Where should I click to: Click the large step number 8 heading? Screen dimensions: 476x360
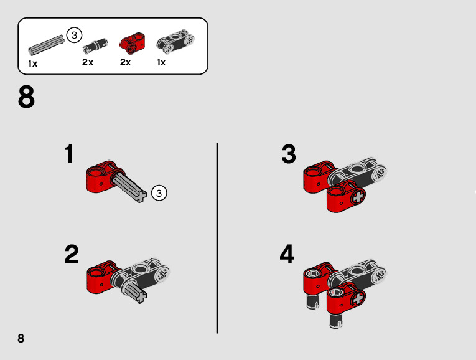[x=26, y=97]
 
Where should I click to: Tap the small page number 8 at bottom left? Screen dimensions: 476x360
[x=21, y=338]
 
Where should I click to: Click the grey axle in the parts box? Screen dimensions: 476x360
[x=47, y=44]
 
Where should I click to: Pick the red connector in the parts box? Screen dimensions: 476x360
[x=133, y=44]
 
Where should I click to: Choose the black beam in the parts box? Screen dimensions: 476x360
[x=175, y=42]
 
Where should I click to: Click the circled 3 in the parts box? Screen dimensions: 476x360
[x=74, y=36]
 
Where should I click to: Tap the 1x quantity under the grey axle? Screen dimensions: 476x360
[x=32, y=64]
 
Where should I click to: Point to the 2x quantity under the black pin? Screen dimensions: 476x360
[x=88, y=62]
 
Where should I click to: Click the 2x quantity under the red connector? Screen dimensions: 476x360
[x=125, y=62]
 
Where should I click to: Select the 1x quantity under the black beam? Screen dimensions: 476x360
[x=161, y=62]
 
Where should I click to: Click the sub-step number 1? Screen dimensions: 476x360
[x=70, y=154]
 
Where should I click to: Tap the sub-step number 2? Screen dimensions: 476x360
[x=72, y=254]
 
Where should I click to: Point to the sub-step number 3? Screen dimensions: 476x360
[x=288, y=154]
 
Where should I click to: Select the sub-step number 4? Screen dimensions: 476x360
[x=287, y=254]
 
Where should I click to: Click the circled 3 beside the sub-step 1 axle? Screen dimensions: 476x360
[x=159, y=193]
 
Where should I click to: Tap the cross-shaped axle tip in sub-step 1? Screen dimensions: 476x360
[x=141, y=196]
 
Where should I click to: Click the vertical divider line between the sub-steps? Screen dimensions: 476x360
[x=217, y=238]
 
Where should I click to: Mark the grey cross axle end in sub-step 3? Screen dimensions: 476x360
[x=358, y=197]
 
